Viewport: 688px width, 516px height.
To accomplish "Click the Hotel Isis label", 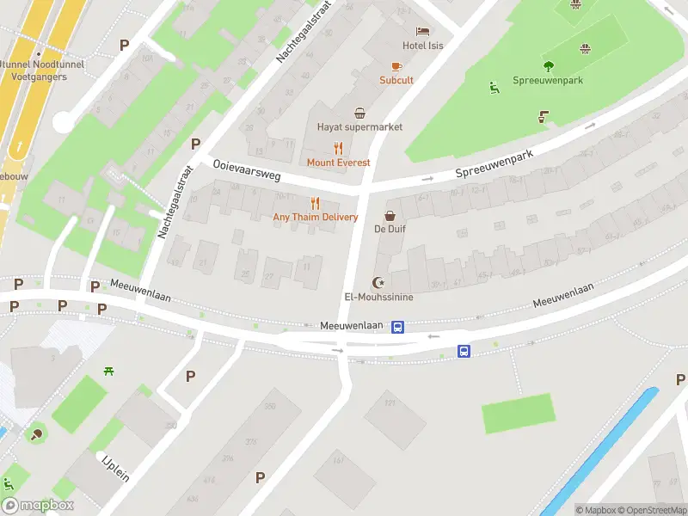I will (x=423, y=46).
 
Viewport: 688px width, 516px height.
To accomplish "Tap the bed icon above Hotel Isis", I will (x=423, y=31).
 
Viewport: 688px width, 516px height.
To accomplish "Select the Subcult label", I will (x=396, y=80).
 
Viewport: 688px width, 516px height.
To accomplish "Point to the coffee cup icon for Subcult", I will (x=396, y=66).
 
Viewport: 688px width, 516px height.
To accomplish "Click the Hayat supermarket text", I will (x=359, y=127).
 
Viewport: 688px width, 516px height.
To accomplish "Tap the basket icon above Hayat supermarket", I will (x=359, y=113).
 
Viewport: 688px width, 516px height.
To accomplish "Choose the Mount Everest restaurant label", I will (x=339, y=163).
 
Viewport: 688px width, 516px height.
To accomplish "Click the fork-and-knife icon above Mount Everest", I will (x=339, y=148).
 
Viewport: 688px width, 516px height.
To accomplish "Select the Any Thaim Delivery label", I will (x=315, y=218).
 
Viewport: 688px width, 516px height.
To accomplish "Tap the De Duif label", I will (x=390, y=229).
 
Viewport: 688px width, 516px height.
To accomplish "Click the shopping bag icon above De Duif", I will (x=390, y=215).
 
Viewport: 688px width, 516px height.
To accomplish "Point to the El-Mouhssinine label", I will (x=378, y=298).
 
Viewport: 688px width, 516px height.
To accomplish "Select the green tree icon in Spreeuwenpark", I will (x=549, y=66).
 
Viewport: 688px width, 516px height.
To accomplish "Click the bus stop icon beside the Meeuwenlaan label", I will (x=398, y=327).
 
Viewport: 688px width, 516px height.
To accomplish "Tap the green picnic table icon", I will (x=109, y=372).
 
